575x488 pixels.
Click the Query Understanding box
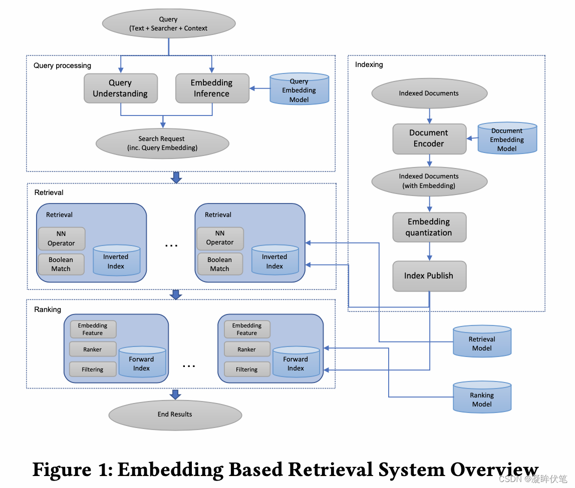point(121,88)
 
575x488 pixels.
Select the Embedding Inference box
point(212,88)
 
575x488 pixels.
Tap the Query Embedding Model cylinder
point(299,89)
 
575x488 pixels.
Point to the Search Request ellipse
point(162,143)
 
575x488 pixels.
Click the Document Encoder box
point(429,138)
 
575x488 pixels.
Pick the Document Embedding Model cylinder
point(507,138)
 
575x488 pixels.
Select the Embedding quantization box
point(429,227)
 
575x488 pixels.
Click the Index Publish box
point(429,276)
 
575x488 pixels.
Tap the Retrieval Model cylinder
point(482,341)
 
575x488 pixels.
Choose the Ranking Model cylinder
point(482,397)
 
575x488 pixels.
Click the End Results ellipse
point(175,415)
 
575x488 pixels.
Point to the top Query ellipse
point(169,23)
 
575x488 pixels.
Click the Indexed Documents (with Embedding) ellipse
point(429,181)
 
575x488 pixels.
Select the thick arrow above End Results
point(175,394)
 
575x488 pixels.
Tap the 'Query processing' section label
point(62,65)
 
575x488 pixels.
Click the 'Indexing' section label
point(369,64)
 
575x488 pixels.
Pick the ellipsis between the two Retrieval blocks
point(171,245)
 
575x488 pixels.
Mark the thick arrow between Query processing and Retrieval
point(176,177)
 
